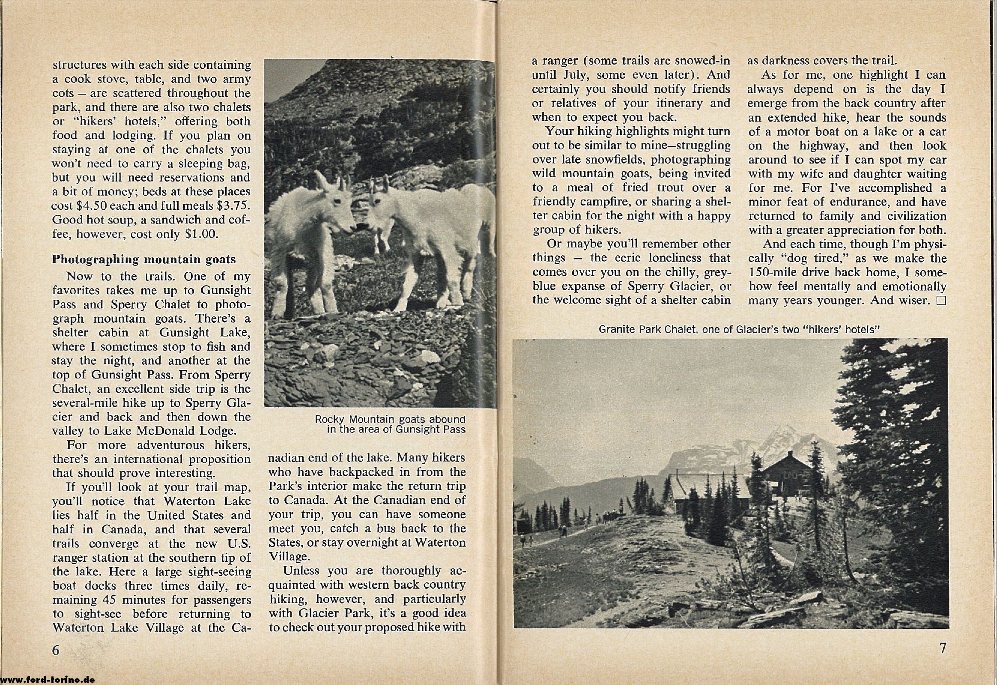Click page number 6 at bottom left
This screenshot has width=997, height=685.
(56, 650)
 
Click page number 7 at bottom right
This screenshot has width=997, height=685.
(943, 648)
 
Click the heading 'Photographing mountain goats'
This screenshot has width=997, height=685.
(144, 259)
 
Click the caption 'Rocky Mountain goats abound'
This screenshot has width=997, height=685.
(390, 419)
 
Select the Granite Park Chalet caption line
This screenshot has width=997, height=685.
(730, 330)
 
